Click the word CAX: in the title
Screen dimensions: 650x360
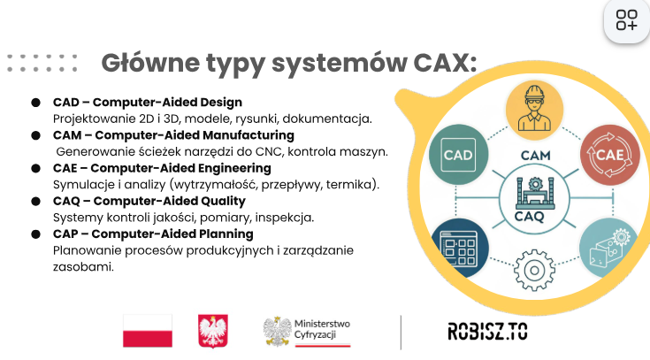445,63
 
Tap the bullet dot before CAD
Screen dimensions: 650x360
35,103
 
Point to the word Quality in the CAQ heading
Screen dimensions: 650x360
223,201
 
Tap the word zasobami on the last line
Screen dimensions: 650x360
83,266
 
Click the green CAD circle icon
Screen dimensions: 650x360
458,154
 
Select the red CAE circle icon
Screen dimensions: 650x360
609,155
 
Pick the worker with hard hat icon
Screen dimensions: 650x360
534,110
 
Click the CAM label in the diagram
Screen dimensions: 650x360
535,156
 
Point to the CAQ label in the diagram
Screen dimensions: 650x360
529,217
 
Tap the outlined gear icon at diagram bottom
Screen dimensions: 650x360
534,270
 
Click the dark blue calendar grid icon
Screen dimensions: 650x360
459,248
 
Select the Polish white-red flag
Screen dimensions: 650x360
148,331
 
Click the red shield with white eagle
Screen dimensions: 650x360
213,331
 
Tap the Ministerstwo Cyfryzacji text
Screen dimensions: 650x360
322,329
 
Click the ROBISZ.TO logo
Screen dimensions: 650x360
487,332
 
